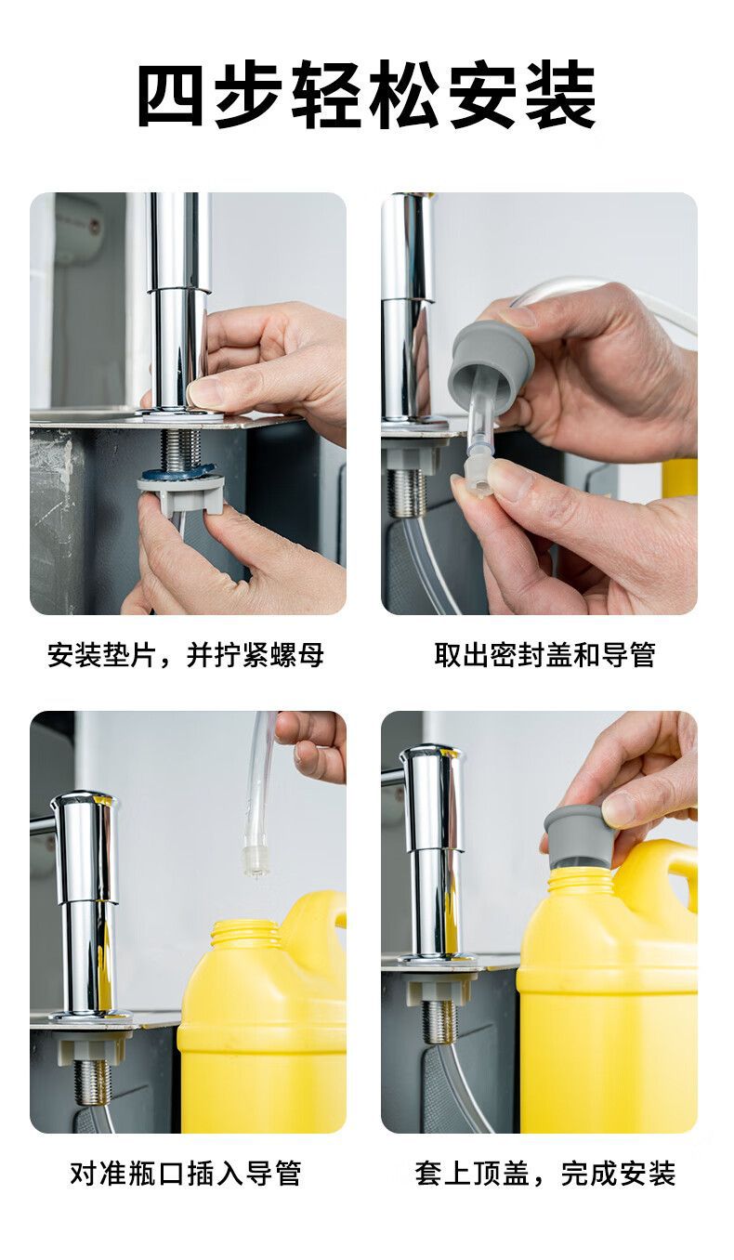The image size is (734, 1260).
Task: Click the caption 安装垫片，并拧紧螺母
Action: coord(186,655)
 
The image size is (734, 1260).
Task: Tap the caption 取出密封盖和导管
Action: coord(544,655)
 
